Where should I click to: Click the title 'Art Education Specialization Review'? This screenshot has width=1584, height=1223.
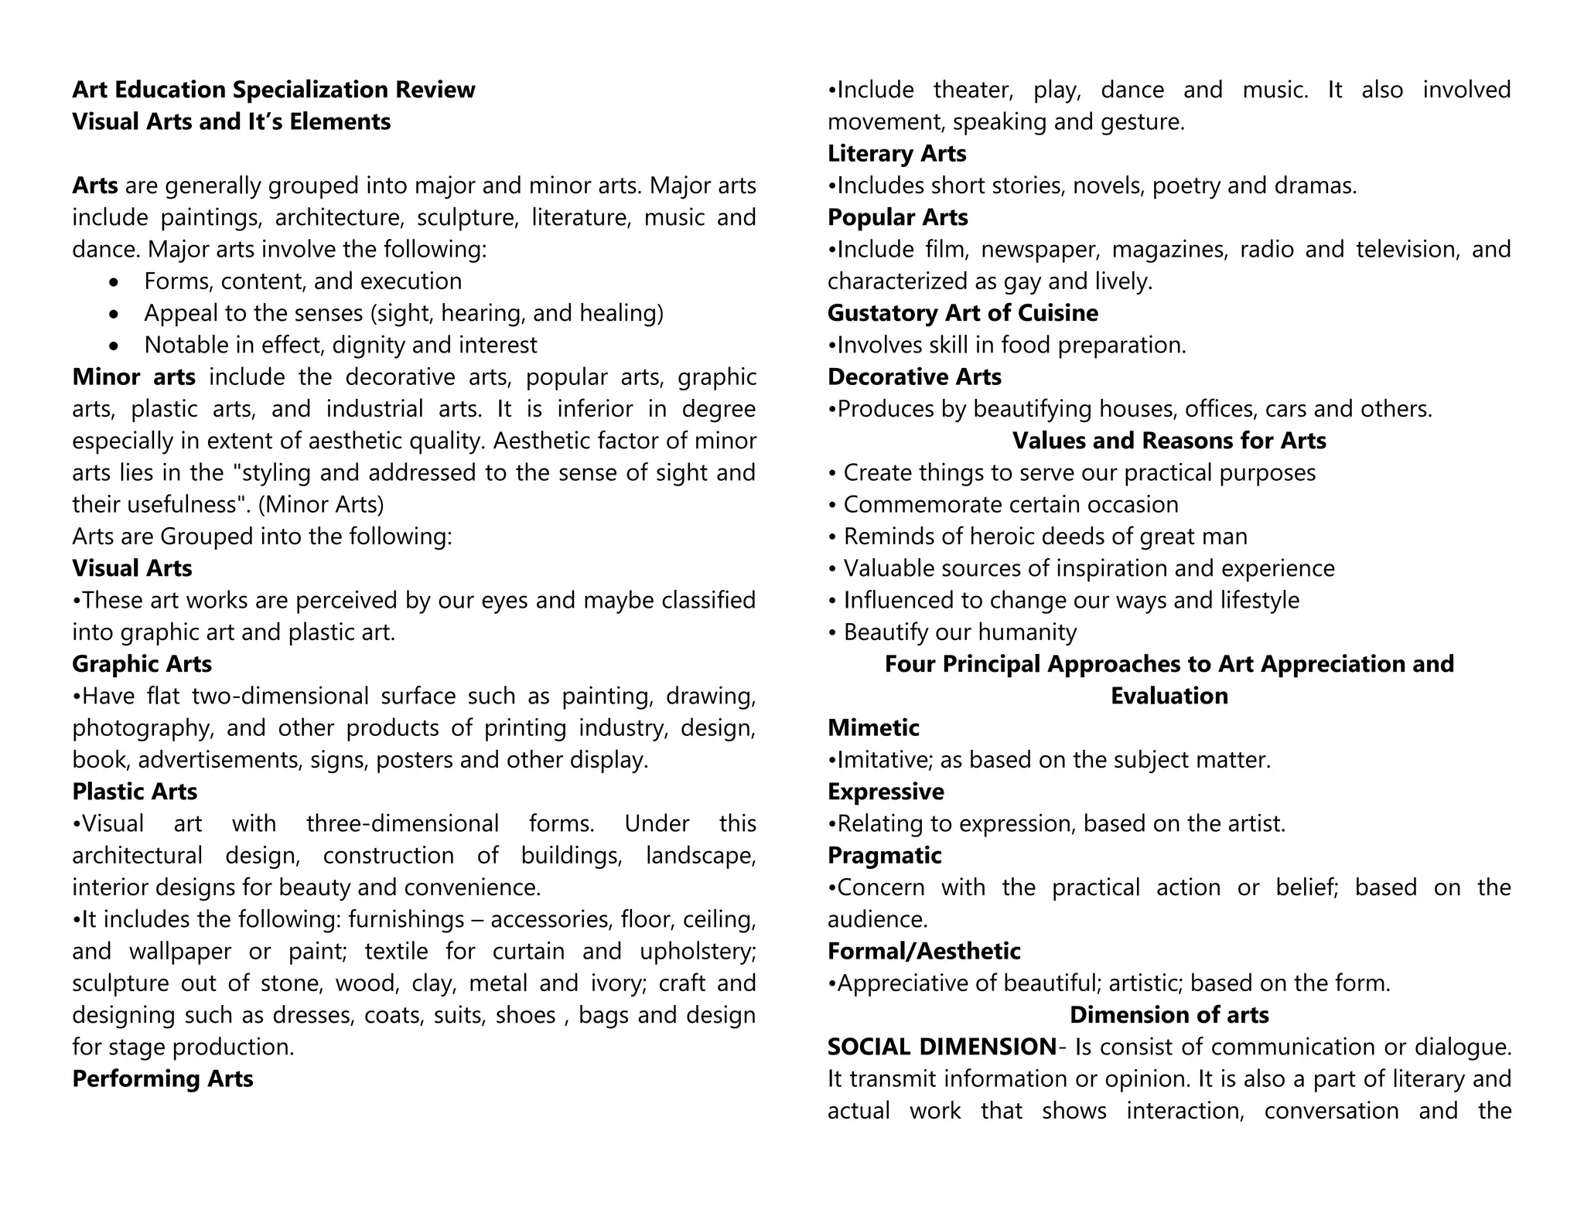(x=274, y=90)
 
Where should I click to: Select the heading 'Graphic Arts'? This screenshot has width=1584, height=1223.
(x=142, y=664)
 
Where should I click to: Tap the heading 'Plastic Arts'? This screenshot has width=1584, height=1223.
(x=135, y=792)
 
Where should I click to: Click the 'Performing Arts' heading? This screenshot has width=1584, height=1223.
(x=162, y=1078)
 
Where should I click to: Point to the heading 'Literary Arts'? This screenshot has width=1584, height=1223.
(x=896, y=154)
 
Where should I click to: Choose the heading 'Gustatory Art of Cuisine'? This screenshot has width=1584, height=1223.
(x=962, y=313)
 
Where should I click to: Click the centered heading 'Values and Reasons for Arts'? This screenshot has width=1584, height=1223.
(x=1169, y=441)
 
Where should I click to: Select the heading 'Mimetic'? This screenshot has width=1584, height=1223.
(x=873, y=727)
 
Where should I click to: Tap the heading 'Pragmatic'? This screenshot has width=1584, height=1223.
(x=884, y=855)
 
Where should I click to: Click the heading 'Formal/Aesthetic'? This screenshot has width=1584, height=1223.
(x=923, y=951)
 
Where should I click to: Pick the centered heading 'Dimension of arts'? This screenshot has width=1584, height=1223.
(x=1169, y=1014)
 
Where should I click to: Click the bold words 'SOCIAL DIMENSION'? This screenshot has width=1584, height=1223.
(x=941, y=1047)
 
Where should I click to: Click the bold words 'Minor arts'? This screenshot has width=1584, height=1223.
(x=134, y=377)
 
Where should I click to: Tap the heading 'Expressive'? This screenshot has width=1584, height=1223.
(x=886, y=792)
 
